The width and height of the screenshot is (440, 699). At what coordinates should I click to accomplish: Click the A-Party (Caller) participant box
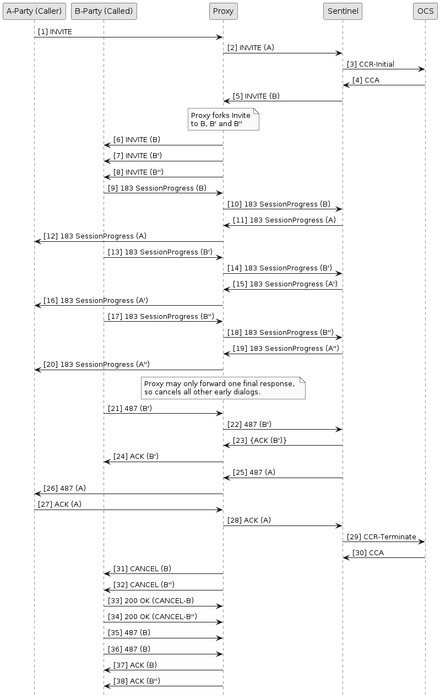point(34,11)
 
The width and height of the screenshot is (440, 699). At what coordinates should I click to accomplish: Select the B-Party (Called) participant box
point(104,11)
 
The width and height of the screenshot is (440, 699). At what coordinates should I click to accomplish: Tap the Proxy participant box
point(223,11)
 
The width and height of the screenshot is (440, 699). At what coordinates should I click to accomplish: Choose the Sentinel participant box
point(343,11)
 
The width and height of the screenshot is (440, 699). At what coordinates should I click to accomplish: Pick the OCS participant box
point(425,11)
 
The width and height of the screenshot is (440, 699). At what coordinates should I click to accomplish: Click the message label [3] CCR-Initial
point(370,64)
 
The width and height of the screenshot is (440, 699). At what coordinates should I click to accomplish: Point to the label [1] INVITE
point(55,32)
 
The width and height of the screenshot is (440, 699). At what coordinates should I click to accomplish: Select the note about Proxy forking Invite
point(222,119)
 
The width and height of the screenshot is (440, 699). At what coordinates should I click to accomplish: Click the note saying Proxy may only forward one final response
point(222,387)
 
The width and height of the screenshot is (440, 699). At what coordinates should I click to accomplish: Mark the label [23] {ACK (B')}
point(259,440)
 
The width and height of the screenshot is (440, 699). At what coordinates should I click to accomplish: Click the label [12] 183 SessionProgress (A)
point(95,236)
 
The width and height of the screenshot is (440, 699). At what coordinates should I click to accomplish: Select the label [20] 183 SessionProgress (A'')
point(96,364)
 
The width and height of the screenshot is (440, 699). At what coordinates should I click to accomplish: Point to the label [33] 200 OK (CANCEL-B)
point(150,600)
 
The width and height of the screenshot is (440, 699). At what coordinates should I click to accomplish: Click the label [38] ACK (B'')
point(137,681)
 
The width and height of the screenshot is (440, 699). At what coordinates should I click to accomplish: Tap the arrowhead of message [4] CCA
point(346,85)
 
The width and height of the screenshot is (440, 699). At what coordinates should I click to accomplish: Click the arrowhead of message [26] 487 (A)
point(37,494)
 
